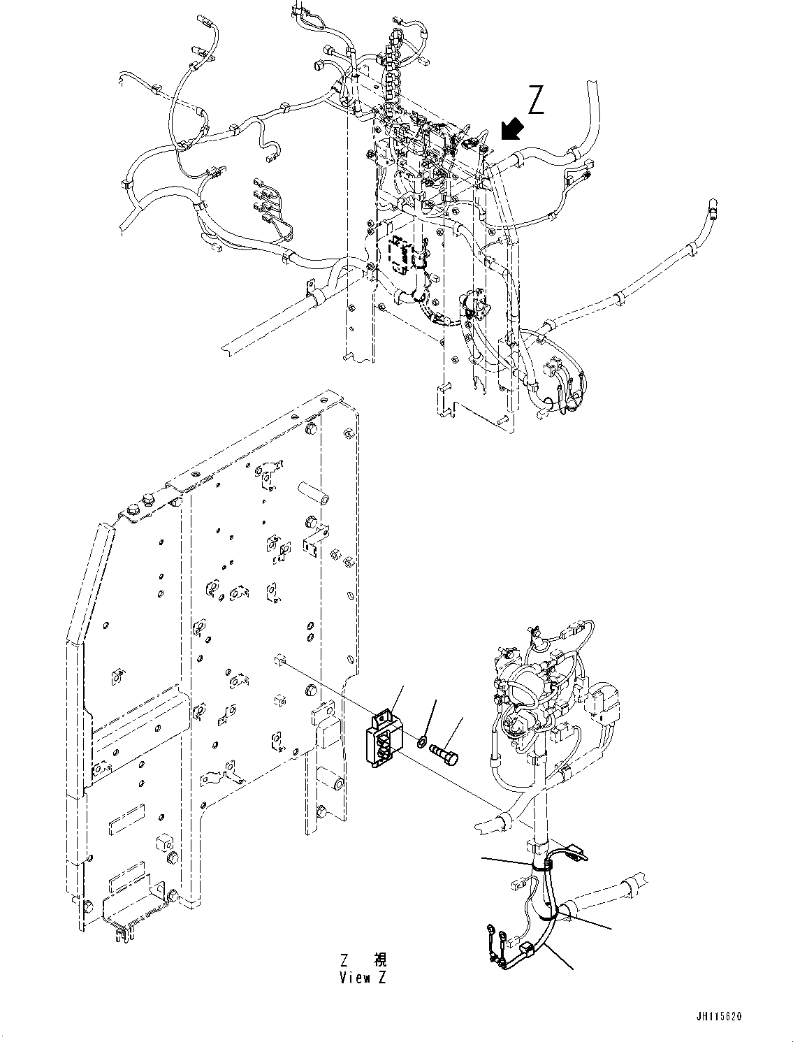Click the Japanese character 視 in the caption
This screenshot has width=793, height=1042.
(x=379, y=960)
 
